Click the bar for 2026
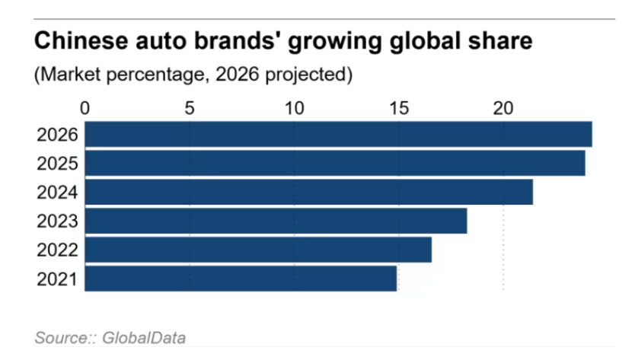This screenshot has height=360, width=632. (339, 134)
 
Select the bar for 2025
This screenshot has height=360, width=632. (335, 163)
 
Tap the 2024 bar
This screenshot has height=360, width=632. (308, 192)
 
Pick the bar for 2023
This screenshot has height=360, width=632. (276, 221)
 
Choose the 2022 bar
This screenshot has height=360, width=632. (258, 250)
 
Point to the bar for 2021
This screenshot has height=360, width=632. (241, 279)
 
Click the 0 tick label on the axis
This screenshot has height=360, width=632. (85, 108)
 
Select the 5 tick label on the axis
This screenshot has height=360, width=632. (190, 108)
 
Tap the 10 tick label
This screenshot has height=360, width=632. (294, 108)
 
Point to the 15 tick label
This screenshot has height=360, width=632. (399, 108)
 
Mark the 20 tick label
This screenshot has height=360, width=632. (503, 108)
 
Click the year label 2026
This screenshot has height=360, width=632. (57, 135)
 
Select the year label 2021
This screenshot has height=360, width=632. (57, 279)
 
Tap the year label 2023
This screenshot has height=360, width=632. (57, 221)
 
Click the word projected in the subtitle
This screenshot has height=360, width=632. (308, 75)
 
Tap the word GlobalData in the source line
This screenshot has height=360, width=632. (144, 338)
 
